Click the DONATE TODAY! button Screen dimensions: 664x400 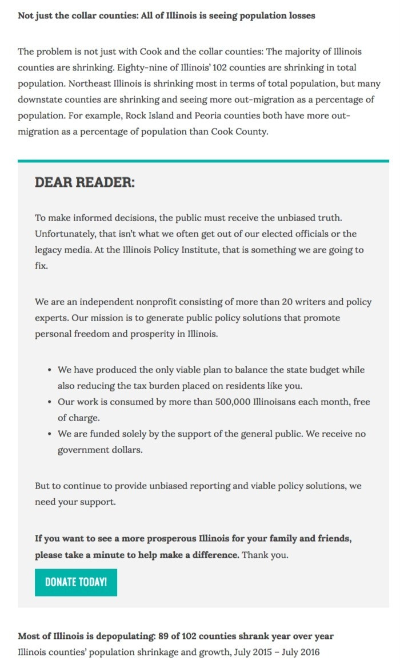pyautogui.click(x=76, y=582)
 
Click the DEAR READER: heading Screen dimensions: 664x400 pyautogui.click(x=85, y=183)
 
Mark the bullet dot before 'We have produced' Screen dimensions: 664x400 pyautogui.click(x=50, y=370)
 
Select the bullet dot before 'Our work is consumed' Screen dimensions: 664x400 pyautogui.click(x=50, y=402)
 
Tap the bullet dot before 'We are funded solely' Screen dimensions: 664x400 pyautogui.click(x=50, y=434)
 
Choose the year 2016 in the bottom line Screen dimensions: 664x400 pyautogui.click(x=309, y=652)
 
